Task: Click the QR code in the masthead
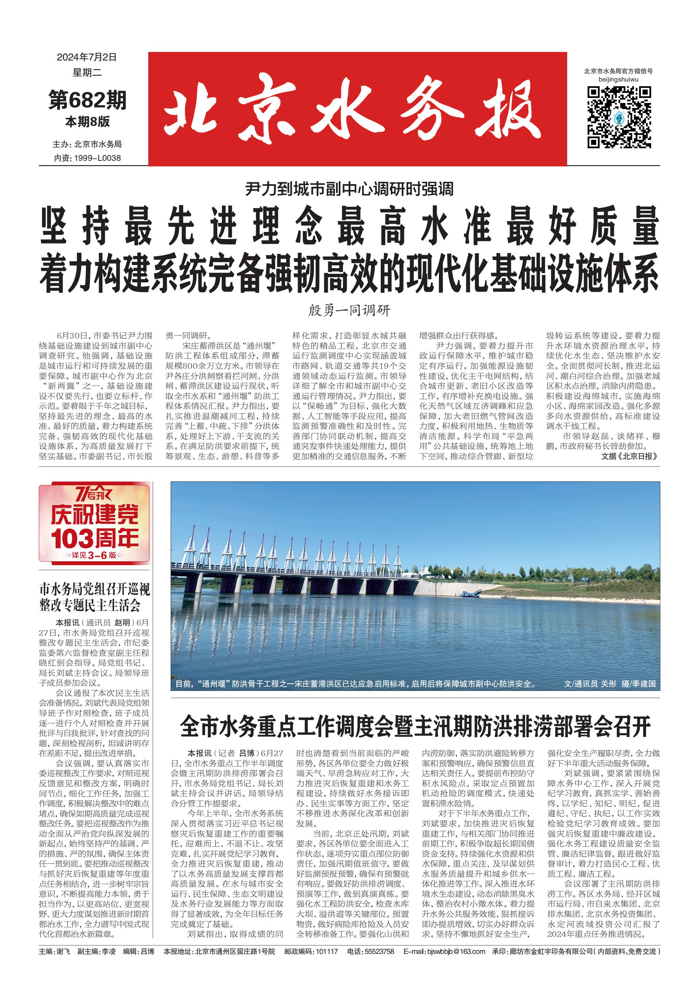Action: click(x=619, y=117)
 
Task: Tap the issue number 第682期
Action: click(x=88, y=100)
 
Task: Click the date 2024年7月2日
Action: click(x=87, y=57)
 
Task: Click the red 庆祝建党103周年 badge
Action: click(x=95, y=523)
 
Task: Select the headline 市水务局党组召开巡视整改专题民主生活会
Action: click(x=95, y=597)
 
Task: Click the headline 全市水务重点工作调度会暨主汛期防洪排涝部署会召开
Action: click(x=416, y=726)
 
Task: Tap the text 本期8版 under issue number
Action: click(x=88, y=122)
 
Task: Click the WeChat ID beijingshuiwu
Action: click(x=618, y=80)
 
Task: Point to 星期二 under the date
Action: click(x=87, y=73)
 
